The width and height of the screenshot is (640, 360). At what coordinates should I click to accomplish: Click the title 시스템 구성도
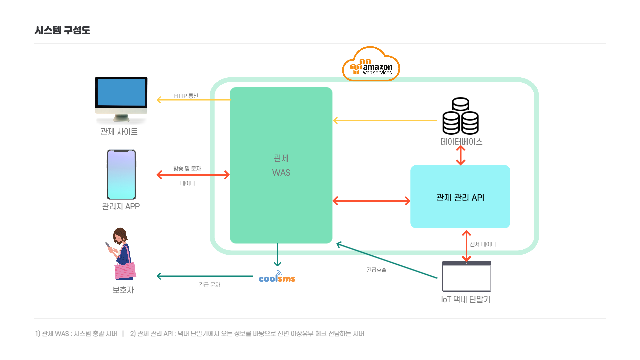click(62, 30)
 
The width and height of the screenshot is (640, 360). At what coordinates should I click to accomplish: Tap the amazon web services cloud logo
click(371, 65)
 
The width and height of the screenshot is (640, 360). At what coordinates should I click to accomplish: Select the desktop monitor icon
click(121, 97)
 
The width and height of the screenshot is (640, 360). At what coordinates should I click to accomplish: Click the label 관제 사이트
click(119, 132)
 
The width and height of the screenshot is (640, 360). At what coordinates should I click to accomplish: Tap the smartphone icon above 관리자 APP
click(121, 174)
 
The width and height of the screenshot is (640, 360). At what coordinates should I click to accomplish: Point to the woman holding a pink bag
click(122, 253)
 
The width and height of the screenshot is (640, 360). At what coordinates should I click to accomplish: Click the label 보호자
click(123, 290)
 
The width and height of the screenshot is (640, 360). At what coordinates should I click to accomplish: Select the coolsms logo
click(277, 278)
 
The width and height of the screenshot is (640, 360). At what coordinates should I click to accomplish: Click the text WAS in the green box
click(281, 173)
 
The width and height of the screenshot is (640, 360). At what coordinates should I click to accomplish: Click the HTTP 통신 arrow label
click(186, 96)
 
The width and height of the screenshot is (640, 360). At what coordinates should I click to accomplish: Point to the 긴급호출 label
click(376, 270)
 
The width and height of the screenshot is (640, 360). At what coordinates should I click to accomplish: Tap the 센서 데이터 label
click(482, 244)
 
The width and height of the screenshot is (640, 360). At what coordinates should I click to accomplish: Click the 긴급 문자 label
click(209, 285)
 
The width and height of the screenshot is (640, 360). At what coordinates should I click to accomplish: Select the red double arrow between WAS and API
click(371, 201)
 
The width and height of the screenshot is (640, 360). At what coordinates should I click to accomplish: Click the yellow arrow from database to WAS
click(385, 120)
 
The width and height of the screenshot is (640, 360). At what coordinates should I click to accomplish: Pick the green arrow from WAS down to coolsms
click(277, 255)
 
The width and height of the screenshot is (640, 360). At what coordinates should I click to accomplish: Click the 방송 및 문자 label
click(187, 169)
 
